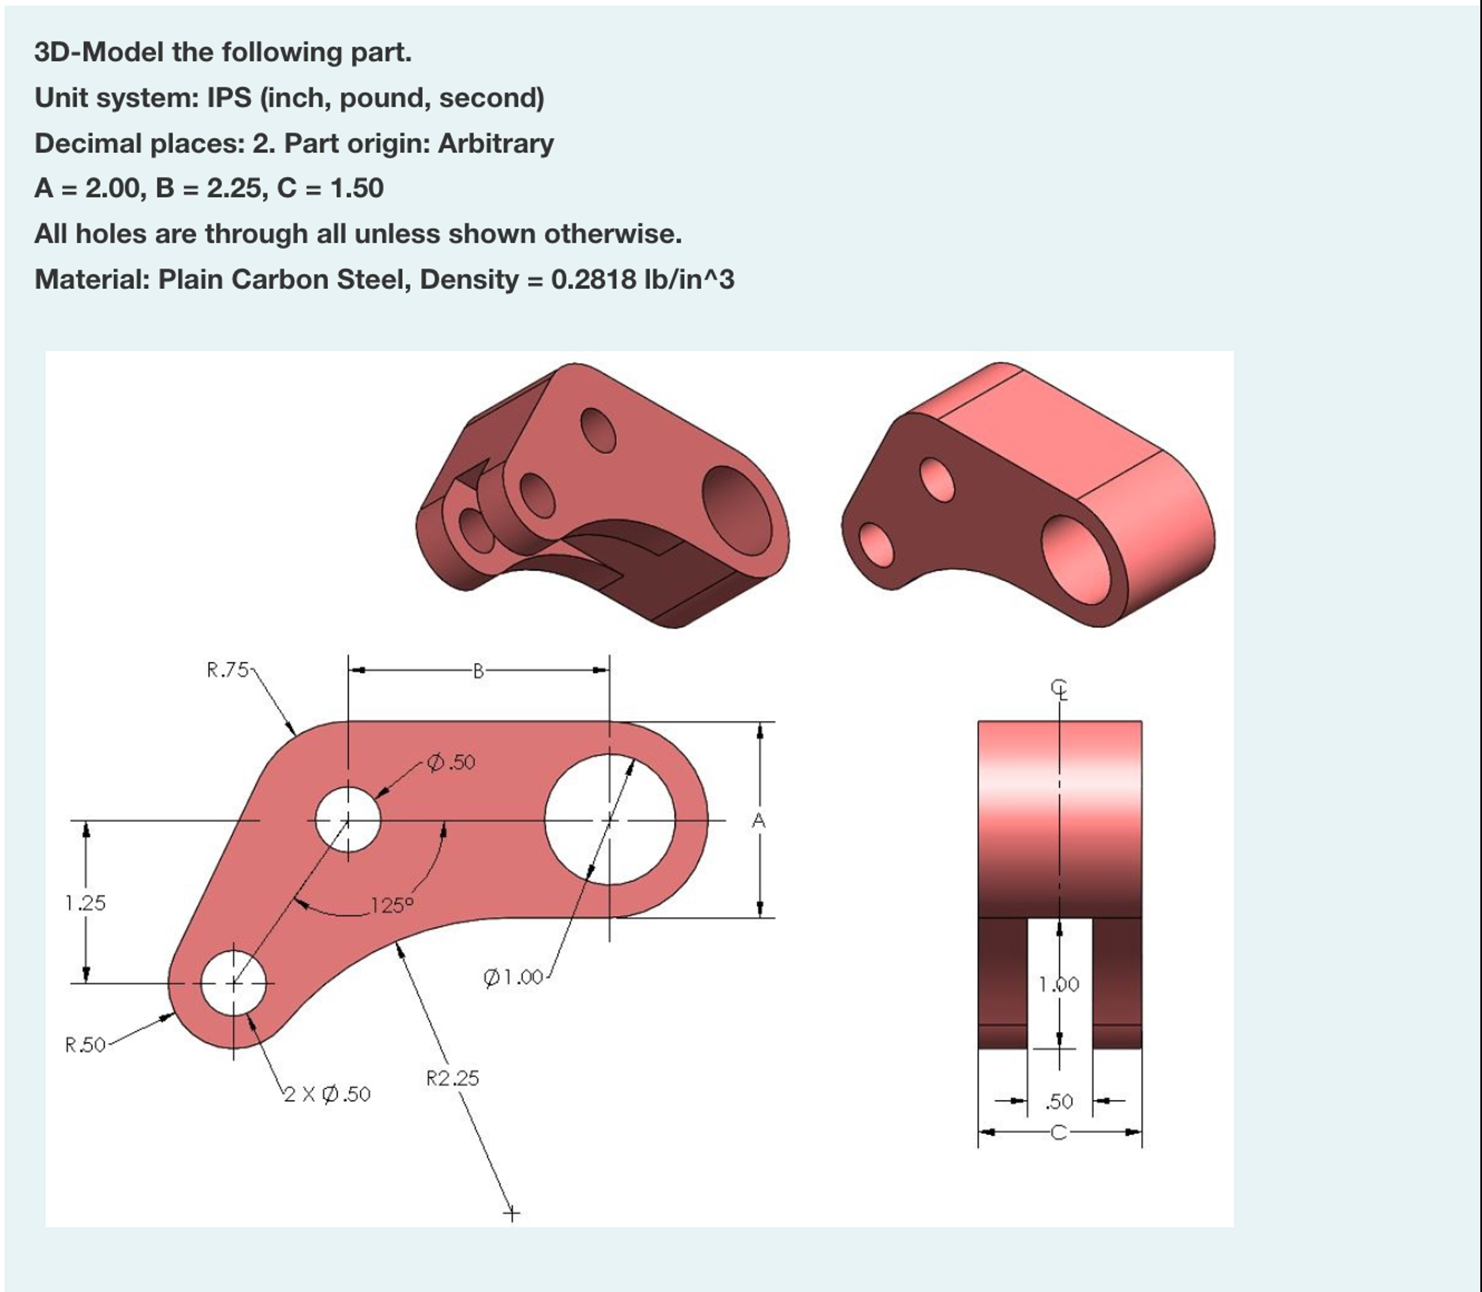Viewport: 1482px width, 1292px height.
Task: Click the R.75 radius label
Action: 227,670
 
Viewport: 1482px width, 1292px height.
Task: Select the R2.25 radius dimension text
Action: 452,1079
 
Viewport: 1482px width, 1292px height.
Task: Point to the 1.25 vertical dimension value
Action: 85,902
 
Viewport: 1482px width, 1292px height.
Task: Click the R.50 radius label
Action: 85,1045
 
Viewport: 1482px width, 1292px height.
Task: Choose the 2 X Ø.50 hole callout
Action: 327,1095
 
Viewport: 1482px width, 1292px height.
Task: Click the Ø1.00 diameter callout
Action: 513,978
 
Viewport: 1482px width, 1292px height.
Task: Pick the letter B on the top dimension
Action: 478,671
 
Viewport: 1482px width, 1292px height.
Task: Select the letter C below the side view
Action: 1058,1133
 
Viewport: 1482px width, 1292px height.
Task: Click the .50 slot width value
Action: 1059,1102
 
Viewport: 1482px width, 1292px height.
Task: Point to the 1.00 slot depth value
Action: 1059,984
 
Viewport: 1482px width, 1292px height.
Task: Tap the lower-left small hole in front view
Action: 233,983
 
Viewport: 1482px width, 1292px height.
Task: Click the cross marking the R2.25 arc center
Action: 511,1214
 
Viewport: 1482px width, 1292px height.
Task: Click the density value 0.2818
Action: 593,279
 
